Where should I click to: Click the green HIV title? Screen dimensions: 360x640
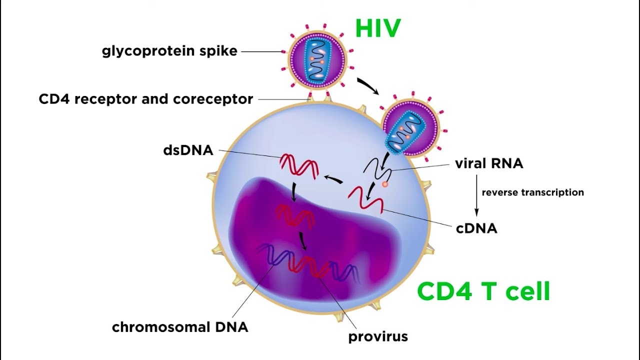click(378, 28)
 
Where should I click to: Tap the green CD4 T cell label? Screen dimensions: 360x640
click(483, 291)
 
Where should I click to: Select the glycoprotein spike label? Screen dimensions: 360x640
click(169, 51)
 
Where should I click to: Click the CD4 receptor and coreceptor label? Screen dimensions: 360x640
click(146, 99)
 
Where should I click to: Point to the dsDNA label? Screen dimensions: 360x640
click(188, 150)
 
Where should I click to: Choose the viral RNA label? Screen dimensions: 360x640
click(489, 163)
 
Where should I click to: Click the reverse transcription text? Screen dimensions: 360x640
click(532, 192)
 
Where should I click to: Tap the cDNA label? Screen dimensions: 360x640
click(476, 228)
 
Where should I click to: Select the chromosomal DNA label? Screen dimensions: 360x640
click(180, 327)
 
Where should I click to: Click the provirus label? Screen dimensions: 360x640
click(378, 336)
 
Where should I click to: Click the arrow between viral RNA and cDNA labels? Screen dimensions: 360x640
click(476, 195)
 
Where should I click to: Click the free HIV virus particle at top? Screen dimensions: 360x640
click(316, 59)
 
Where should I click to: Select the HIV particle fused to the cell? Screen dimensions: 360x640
click(411, 129)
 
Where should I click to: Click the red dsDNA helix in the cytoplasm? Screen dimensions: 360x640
click(298, 165)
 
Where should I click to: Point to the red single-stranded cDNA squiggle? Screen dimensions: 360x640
click(366, 199)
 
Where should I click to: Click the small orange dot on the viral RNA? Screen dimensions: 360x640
click(385, 184)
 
